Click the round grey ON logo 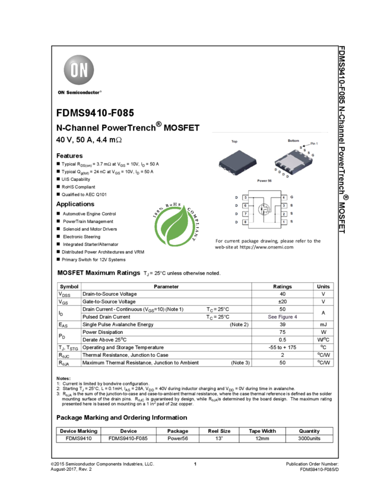(78, 71)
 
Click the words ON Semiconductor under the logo (80, 92)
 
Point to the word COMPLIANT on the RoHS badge (194, 225)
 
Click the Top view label (234, 141)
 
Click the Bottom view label (293, 141)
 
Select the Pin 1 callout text (315, 143)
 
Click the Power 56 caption (264, 180)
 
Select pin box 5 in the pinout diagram (245, 197)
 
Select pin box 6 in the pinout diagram (245, 205)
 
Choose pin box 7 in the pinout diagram (245, 213)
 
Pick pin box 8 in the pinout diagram (245, 222)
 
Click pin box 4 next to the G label (284, 197)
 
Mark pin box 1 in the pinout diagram (284, 222)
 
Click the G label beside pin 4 (292, 197)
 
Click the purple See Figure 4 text (283, 317)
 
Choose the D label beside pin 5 (236, 197)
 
